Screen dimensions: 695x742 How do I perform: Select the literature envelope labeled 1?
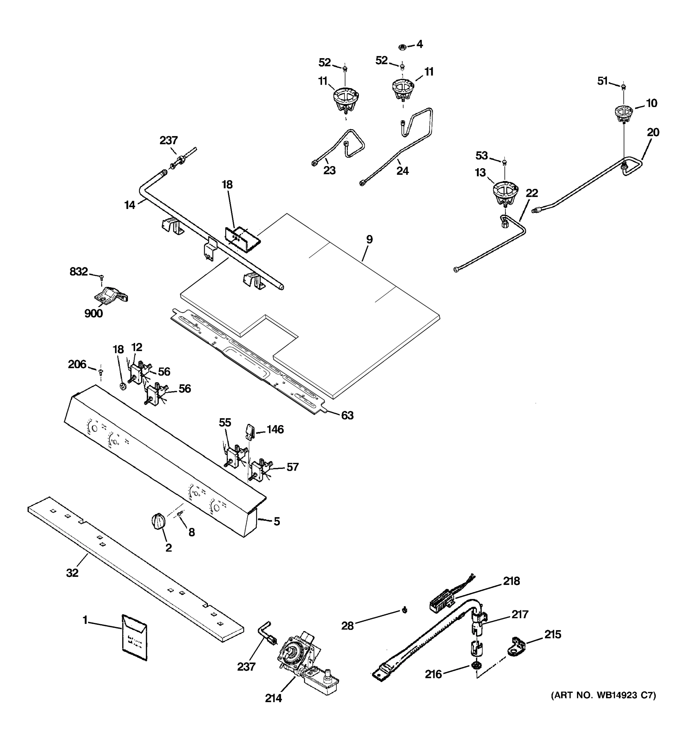point(135,637)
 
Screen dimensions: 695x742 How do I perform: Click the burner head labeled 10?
point(623,114)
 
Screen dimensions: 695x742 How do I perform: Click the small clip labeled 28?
point(405,610)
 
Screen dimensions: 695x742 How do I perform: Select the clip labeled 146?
point(250,432)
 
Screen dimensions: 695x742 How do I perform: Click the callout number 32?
point(72,573)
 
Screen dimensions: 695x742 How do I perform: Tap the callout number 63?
point(347,416)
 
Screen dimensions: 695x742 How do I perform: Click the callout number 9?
point(369,239)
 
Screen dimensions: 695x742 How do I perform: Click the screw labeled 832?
point(101,277)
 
